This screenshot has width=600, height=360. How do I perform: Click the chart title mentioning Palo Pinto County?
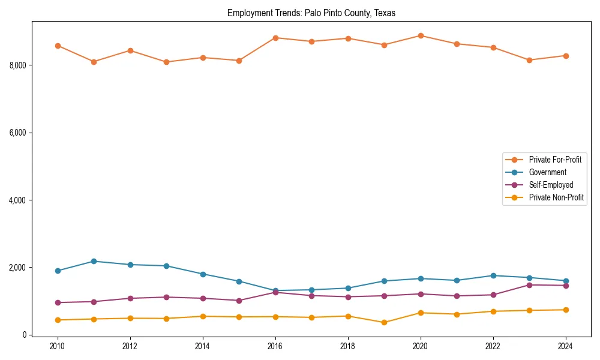click(x=311, y=13)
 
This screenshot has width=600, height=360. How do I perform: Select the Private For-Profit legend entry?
click(x=555, y=160)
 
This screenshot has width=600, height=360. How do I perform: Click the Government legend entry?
click(x=547, y=172)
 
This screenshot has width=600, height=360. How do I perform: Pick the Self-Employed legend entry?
click(x=551, y=185)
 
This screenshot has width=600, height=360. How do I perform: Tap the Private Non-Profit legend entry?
click(x=556, y=197)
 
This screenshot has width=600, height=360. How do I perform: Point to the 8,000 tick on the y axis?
click(x=17, y=65)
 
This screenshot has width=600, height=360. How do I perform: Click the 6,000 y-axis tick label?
click(x=17, y=133)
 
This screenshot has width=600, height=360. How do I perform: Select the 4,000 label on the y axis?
click(x=17, y=200)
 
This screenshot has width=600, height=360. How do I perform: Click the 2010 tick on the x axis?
click(x=58, y=346)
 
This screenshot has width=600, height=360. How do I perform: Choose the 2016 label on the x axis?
click(x=275, y=346)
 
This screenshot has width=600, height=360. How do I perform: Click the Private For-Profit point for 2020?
click(x=421, y=36)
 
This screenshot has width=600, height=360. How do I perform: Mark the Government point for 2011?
click(x=94, y=261)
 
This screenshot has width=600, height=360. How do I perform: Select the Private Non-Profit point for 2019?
click(x=384, y=322)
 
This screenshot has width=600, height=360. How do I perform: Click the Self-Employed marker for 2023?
click(x=529, y=285)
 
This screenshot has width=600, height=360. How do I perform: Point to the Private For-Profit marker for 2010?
click(x=58, y=46)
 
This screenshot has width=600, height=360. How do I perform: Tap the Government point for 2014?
click(x=203, y=274)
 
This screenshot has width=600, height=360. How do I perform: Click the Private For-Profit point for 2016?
click(x=275, y=38)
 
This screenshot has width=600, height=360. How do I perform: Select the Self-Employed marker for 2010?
click(x=58, y=302)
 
